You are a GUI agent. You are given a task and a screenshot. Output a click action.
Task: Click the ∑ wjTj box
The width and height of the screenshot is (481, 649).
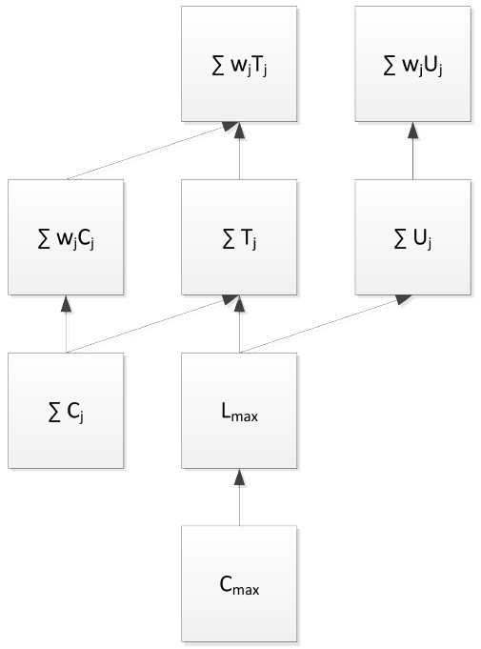point(239,63)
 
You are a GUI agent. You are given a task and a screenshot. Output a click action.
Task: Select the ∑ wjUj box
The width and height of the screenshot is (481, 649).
point(412,63)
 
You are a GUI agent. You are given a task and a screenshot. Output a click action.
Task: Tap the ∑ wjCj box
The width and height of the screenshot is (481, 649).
point(66,236)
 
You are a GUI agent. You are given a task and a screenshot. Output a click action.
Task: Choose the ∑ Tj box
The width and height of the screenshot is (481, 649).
point(239,236)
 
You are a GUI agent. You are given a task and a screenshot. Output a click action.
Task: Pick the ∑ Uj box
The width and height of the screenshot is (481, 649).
point(412,236)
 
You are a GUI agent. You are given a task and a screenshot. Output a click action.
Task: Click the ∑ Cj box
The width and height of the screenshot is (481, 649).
point(66,410)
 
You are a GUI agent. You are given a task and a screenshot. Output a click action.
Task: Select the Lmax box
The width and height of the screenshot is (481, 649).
point(239,410)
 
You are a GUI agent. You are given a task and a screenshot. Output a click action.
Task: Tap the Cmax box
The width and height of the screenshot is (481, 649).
point(239,583)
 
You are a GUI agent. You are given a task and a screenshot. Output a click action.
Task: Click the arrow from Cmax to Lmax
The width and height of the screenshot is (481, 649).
point(239,500)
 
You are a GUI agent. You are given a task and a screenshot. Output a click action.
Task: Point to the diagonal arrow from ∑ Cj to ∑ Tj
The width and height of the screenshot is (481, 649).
point(152,325)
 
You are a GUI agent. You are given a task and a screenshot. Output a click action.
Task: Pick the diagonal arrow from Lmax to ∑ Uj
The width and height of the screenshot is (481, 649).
point(326,325)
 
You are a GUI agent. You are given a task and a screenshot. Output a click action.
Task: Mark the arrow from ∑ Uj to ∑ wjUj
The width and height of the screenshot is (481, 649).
point(412,153)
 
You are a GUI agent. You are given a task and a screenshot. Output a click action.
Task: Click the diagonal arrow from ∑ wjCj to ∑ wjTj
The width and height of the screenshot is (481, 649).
point(152,151)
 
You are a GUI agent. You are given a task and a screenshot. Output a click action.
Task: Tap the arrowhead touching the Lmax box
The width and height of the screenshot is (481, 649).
point(239,476)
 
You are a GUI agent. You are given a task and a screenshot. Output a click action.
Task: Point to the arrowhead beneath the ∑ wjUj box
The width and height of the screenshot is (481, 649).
point(412,129)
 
